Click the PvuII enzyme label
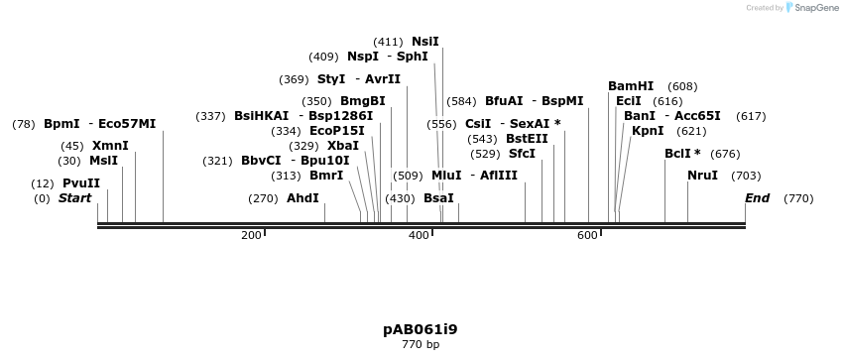[81, 183]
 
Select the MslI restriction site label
[103, 161]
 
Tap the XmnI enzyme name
[110, 146]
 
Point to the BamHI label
[631, 86]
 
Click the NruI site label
[703, 176]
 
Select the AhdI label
[302, 198]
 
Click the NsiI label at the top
[424, 42]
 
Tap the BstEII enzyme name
[527, 139]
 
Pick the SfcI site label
[522, 154]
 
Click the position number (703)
[746, 176]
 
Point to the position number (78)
[24, 124]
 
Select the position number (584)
[461, 101]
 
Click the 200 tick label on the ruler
[251, 235]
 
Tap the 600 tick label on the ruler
[587, 235]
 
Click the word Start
[74, 198]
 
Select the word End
[757, 198]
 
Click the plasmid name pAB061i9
[421, 329]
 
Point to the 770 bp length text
[421, 345]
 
